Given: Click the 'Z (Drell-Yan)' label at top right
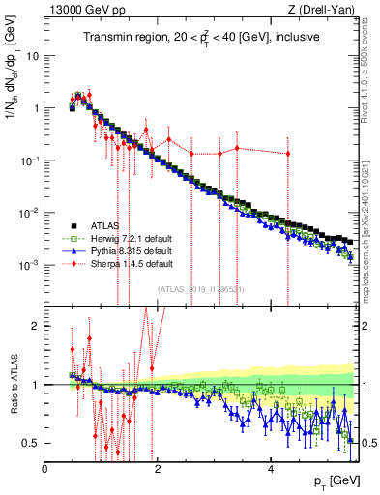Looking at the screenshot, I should click(324, 11).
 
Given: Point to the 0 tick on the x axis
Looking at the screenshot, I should click(45, 469).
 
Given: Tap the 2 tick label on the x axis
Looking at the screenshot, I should click(159, 469).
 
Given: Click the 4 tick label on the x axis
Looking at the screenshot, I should click(272, 469).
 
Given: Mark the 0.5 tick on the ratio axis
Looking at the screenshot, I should click(32, 443).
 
